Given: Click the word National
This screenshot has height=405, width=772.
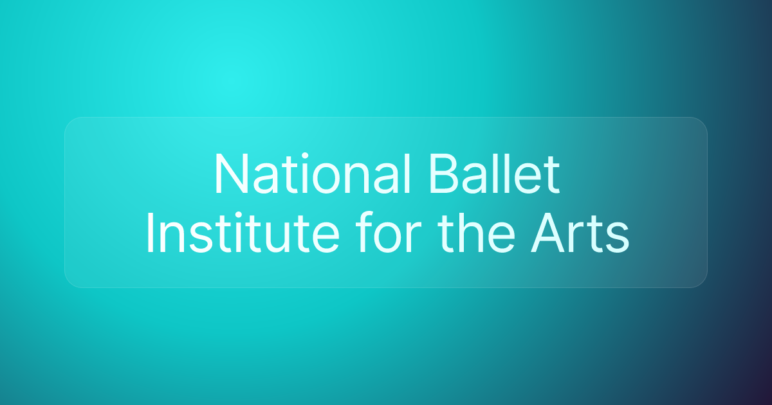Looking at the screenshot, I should [311, 175].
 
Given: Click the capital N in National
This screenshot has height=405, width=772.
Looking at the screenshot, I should [228, 175].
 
